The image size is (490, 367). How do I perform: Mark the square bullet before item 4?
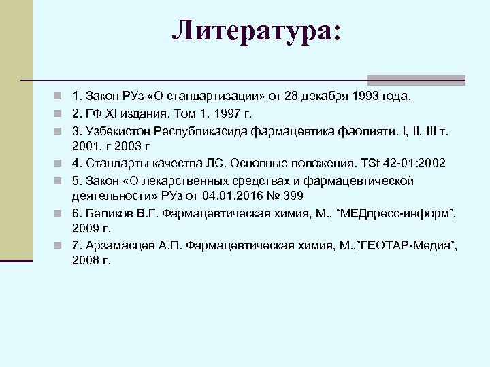[x=60, y=163]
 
